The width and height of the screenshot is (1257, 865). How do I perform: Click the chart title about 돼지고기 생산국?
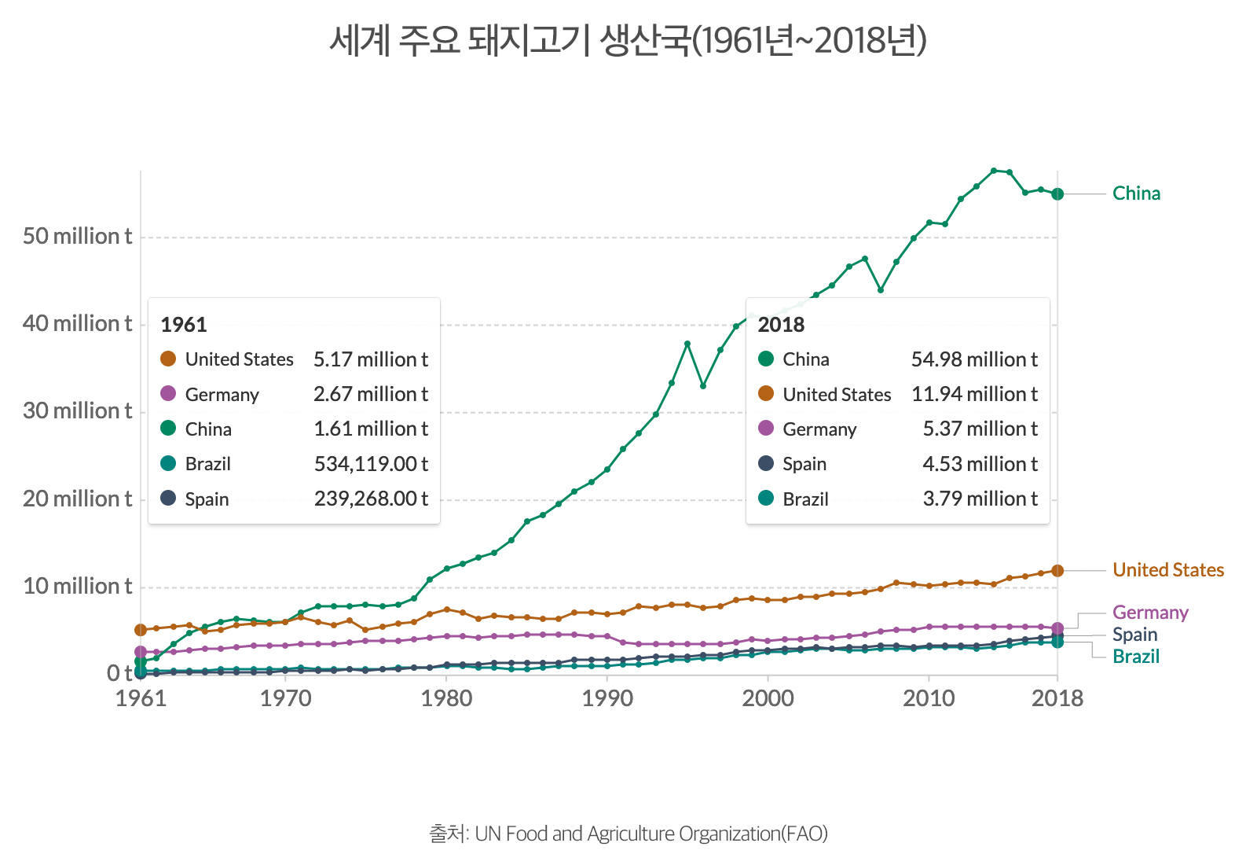[x=628, y=41]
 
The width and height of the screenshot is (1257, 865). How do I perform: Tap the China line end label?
[x=1136, y=193]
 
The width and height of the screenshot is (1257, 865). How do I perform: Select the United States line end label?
[x=1168, y=570]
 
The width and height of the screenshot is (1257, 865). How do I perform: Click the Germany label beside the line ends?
[x=1150, y=613]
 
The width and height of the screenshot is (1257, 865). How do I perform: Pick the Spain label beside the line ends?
[x=1134, y=635]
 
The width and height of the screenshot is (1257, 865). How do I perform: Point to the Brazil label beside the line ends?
[x=1136, y=657]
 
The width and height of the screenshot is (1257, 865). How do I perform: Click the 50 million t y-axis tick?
[x=77, y=237]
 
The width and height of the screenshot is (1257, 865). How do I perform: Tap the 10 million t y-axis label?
[x=77, y=587]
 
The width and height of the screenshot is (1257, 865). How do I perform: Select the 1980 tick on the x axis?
[x=446, y=698]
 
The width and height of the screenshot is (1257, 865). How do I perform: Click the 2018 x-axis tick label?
[x=1057, y=698]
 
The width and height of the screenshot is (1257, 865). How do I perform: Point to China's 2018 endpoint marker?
[x=1057, y=194]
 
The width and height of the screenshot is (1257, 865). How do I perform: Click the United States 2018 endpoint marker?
[x=1057, y=570]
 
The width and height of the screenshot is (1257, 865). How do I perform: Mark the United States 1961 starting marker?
[x=141, y=630]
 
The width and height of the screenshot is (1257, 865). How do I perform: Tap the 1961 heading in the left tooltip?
[x=183, y=325]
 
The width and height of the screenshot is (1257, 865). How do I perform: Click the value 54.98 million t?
[x=974, y=359]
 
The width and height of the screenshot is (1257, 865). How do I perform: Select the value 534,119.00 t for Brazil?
[x=371, y=464]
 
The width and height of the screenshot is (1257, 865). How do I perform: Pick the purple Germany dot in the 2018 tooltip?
[x=766, y=429]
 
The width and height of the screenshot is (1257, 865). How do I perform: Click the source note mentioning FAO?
[x=628, y=834]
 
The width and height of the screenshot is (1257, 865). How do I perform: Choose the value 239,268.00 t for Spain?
[x=371, y=499]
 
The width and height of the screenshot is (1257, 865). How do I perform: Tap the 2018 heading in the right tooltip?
[x=781, y=325]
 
